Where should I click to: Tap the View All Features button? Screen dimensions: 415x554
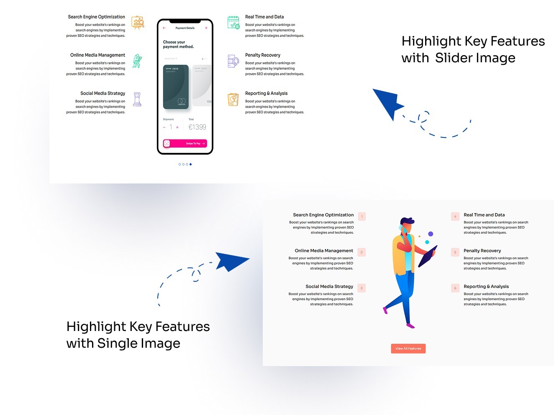[408, 349]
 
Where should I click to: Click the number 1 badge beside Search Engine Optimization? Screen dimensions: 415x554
[362, 216]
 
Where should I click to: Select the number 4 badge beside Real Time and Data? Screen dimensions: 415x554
[455, 216]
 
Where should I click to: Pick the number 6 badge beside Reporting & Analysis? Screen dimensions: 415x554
[455, 288]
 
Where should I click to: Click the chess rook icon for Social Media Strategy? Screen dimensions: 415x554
[137, 99]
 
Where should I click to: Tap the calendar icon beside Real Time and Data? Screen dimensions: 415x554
[233, 22]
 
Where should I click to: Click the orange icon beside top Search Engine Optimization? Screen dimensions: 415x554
[138, 22]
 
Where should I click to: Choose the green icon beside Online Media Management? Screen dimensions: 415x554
[137, 61]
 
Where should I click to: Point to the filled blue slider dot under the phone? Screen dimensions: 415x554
[191, 164]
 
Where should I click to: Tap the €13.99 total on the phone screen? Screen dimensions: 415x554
[197, 127]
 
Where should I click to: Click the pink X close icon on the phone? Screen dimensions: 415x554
[206, 28]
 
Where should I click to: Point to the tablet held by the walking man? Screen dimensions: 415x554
[428, 256]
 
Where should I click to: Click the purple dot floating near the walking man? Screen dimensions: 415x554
[431, 234]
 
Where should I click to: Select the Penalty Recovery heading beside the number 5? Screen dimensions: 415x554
[482, 251]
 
